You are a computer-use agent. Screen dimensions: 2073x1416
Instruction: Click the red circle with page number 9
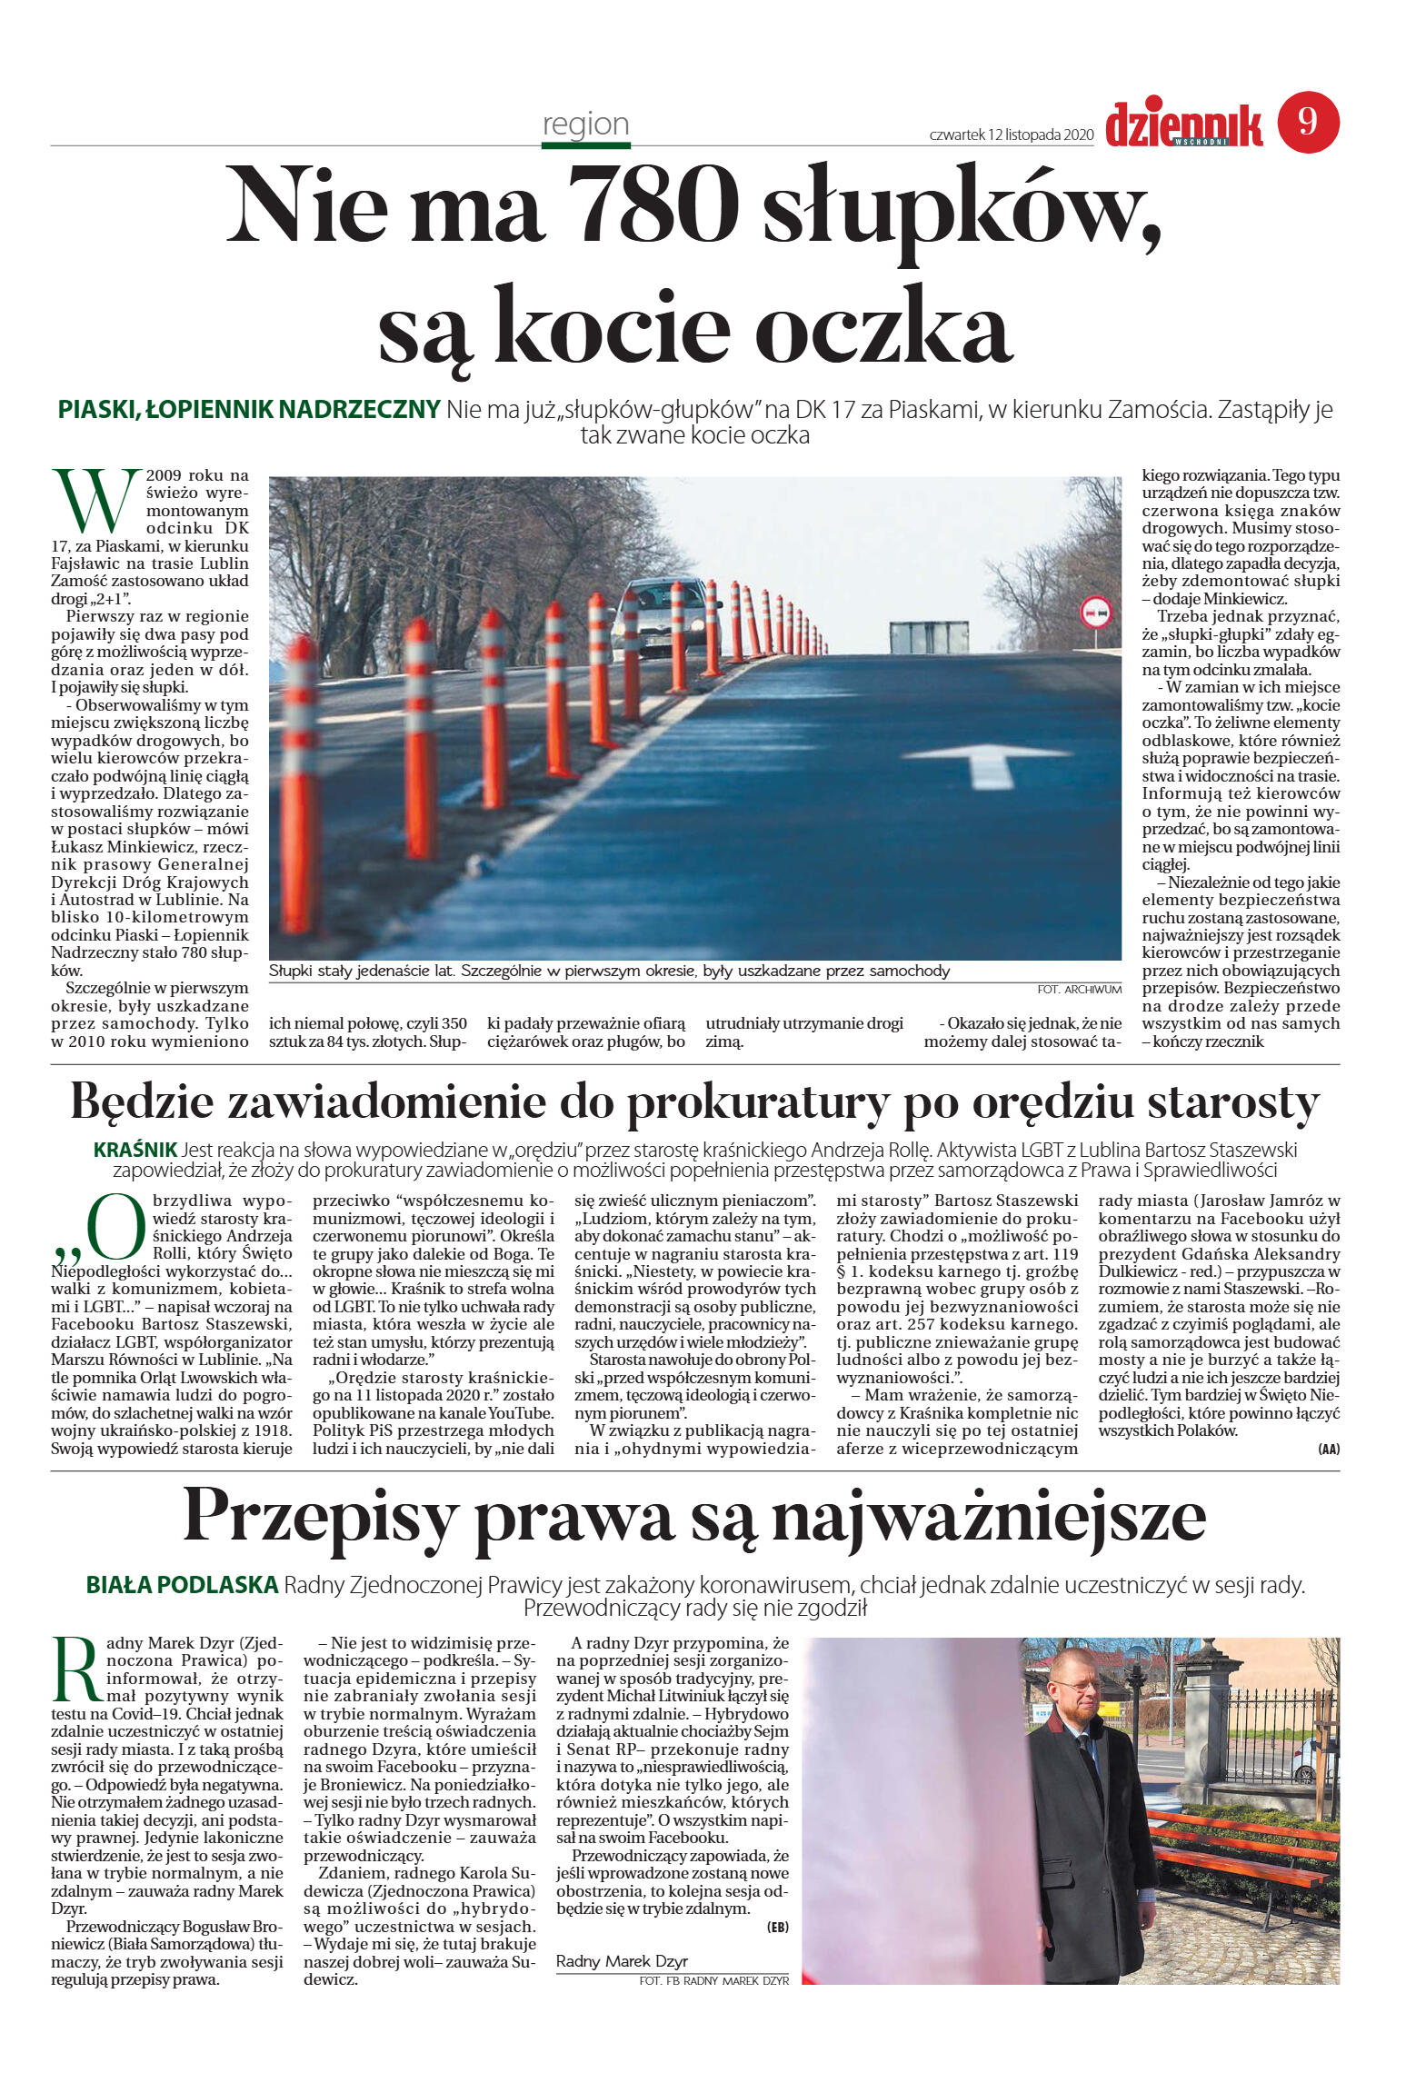coord(1308,122)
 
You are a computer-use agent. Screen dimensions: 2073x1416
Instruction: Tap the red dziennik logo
coord(1183,125)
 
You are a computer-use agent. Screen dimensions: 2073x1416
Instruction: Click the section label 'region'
coord(585,124)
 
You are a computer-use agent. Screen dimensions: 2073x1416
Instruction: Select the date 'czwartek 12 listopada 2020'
coord(1010,135)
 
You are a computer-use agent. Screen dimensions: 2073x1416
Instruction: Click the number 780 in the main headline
coord(652,204)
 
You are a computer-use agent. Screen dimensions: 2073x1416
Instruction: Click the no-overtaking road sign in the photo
coord(1094,614)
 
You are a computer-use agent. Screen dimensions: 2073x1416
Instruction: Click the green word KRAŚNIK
coord(135,1150)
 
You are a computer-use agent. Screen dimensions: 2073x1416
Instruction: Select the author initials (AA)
coord(1328,1450)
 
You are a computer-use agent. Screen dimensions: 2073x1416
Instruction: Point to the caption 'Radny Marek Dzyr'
coord(622,1960)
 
